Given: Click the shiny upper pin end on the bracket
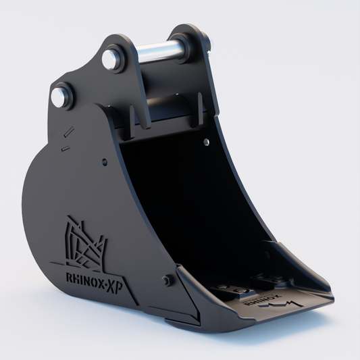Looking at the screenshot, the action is [109, 59].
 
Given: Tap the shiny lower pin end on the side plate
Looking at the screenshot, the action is [59, 97].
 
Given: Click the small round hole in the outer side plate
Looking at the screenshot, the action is [105, 161].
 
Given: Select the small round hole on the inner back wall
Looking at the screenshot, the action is [207, 142].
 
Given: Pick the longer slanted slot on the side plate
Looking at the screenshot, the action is [69, 132].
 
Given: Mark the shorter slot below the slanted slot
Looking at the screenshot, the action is [66, 148].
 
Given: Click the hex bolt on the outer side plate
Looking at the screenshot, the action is [166, 280].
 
